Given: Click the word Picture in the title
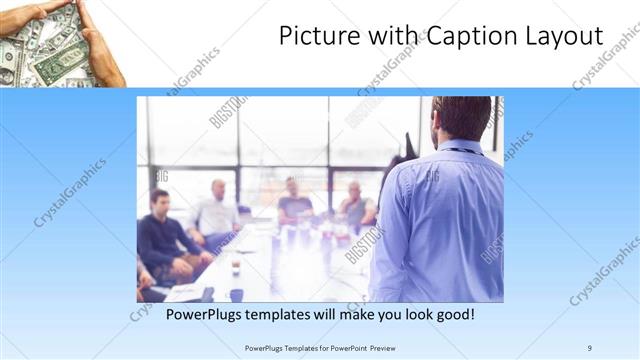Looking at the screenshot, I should pos(310,37).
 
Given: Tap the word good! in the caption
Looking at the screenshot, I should pos(454,314).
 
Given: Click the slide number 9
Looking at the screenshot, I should pos(590,347).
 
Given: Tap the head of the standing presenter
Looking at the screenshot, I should pos(462,118).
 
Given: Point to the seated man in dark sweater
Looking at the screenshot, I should pos(162,235).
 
